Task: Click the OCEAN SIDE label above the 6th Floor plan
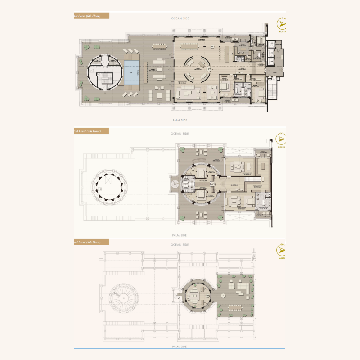click(x=180, y=18)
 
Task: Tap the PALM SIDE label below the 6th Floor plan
click(x=180, y=121)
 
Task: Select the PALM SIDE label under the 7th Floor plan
click(x=180, y=235)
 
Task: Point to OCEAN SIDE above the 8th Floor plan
click(x=180, y=245)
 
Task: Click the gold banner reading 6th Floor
click(x=92, y=16)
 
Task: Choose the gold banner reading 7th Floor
click(x=92, y=131)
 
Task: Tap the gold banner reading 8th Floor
click(x=92, y=242)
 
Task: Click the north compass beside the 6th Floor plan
click(x=282, y=24)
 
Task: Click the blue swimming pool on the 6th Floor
click(x=132, y=72)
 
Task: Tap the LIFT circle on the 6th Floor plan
click(x=208, y=70)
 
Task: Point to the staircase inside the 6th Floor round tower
click(x=104, y=79)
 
